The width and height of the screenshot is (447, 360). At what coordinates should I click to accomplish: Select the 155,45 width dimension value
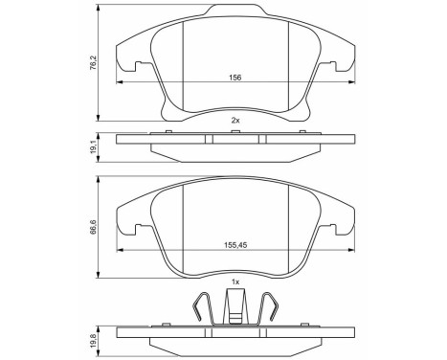click(x=235, y=245)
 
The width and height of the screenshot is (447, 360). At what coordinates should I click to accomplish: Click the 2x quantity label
click(x=235, y=120)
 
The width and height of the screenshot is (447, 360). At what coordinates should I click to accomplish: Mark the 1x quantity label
click(x=235, y=282)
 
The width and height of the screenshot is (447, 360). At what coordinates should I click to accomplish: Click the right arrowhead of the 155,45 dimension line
click(x=350, y=251)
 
